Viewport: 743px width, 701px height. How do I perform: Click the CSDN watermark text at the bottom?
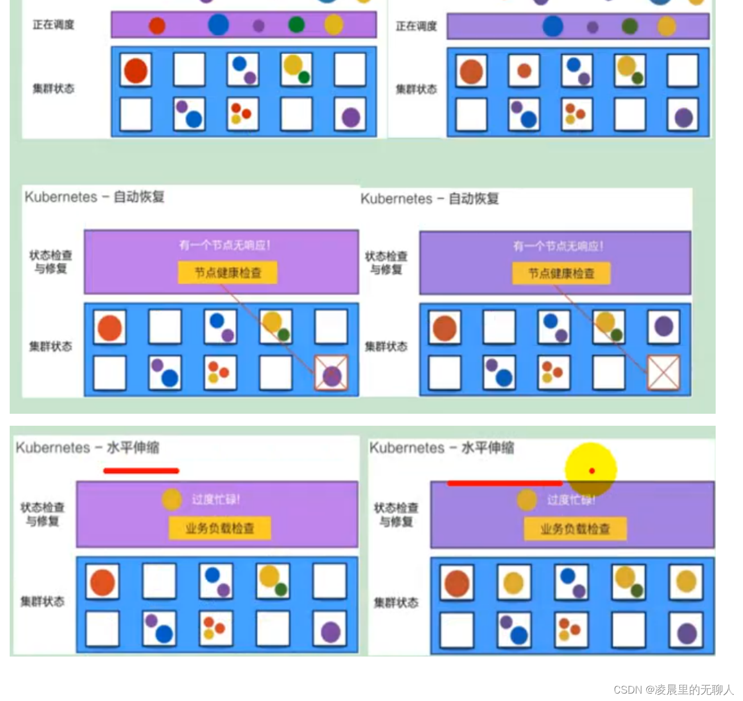[x=673, y=690]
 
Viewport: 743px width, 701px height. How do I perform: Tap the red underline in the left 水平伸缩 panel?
[x=141, y=471]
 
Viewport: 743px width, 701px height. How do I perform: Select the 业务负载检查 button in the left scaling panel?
[x=219, y=528]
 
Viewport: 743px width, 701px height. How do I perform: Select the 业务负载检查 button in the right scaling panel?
[x=575, y=529]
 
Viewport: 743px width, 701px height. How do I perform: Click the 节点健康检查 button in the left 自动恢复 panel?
[x=227, y=273]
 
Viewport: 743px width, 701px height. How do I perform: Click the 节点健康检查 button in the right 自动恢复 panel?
[x=561, y=274]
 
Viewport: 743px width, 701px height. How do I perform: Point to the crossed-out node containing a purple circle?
[x=332, y=374]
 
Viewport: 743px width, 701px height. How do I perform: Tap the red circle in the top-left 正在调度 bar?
[x=157, y=26]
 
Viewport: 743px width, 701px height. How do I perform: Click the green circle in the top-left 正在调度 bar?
[x=296, y=25]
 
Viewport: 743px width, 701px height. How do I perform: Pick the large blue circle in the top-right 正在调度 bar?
[x=552, y=26]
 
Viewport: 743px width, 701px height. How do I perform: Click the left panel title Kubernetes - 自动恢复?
[x=95, y=197]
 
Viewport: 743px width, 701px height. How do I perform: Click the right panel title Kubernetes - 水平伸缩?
[x=442, y=448]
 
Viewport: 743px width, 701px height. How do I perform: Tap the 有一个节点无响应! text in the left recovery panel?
[x=224, y=245]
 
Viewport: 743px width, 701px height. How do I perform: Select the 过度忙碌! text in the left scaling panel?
[x=216, y=499]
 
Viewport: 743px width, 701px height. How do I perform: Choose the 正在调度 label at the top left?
[x=54, y=25]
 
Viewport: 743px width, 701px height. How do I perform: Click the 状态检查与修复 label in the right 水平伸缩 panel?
[x=395, y=514]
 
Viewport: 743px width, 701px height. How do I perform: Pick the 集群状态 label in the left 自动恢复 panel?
[x=51, y=347]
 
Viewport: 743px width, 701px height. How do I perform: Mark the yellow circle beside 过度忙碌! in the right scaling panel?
[x=526, y=500]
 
